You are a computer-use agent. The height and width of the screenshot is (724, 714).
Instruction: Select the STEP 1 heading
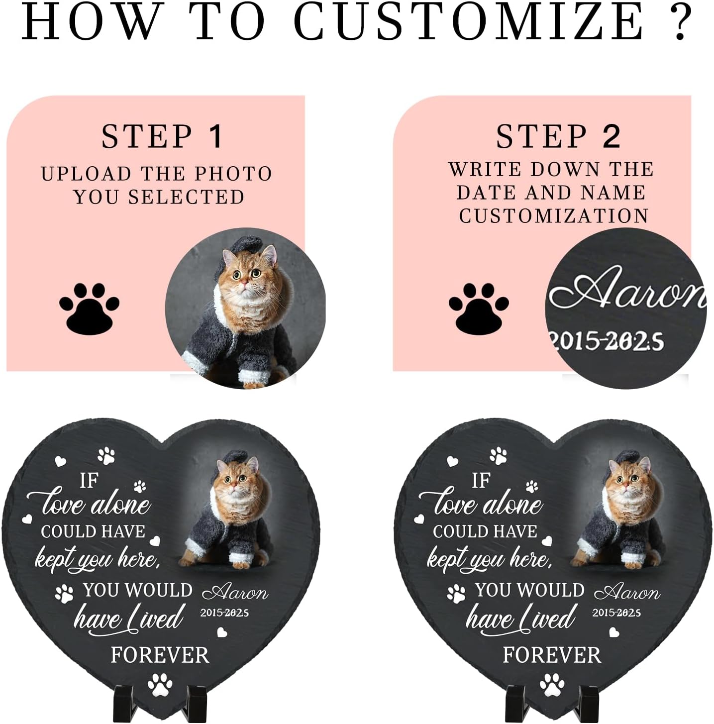point(162,136)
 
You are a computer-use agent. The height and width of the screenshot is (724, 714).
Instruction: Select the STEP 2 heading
point(558,136)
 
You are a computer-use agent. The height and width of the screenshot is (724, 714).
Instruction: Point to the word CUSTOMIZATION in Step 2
point(554,216)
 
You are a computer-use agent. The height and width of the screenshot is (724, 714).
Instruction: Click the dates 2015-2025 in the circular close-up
point(607,342)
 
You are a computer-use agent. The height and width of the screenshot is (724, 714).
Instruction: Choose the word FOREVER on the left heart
point(160,655)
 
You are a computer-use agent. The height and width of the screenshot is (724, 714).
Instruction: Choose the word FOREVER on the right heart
point(552,655)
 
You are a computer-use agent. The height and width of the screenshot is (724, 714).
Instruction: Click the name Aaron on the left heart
point(235,592)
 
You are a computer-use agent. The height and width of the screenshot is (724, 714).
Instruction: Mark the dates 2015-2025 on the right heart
point(616,613)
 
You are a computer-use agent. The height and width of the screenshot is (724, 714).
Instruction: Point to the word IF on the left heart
point(89,481)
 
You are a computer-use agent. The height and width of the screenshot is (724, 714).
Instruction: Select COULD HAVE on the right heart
point(485,531)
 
